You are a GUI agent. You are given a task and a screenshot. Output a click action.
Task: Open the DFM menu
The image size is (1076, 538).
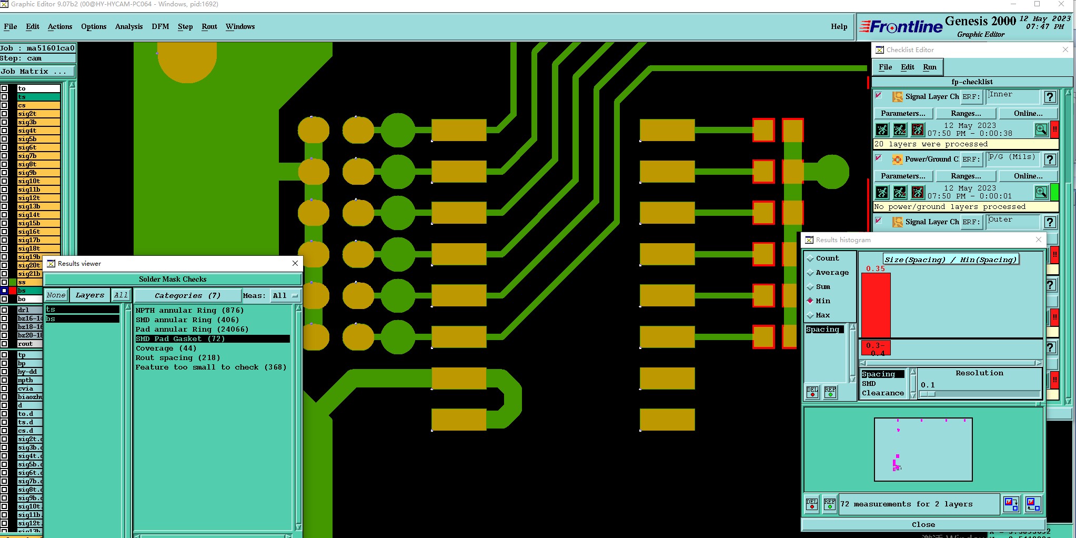(x=160, y=26)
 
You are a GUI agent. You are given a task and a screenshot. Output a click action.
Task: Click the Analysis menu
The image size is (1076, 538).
(x=128, y=26)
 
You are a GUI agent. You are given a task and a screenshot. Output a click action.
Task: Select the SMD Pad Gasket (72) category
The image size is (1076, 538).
(x=180, y=338)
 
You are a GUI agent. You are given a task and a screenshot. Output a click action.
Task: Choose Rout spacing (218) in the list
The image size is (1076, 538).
(x=177, y=357)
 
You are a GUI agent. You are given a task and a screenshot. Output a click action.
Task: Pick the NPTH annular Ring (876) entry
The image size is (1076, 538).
(x=189, y=310)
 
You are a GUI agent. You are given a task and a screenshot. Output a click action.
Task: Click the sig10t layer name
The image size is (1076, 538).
(x=29, y=181)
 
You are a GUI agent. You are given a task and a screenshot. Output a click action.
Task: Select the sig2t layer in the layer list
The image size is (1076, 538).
(x=27, y=114)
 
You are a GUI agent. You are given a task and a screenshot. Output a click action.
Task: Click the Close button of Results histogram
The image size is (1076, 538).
(x=923, y=524)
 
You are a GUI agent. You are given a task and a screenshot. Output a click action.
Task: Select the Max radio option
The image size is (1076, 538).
(x=822, y=315)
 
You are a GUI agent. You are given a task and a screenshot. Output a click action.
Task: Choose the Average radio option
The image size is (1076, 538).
(x=832, y=272)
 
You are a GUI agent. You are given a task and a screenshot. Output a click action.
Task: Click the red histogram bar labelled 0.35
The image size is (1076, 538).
(x=876, y=305)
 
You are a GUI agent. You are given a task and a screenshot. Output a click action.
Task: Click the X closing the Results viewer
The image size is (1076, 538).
(x=295, y=263)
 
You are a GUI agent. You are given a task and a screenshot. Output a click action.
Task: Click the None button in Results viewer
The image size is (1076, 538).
(x=56, y=295)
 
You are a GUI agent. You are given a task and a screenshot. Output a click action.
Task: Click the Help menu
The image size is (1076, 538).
(x=839, y=26)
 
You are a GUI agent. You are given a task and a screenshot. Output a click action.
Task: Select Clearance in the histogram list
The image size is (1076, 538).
(x=882, y=393)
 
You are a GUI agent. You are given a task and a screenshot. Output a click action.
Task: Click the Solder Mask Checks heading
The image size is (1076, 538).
(x=173, y=279)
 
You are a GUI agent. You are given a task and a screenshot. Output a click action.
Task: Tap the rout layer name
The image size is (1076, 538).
(x=25, y=344)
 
